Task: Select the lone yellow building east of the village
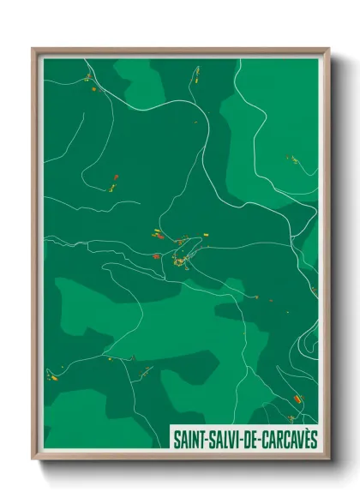point(205,234)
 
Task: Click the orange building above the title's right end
point(298,399)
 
